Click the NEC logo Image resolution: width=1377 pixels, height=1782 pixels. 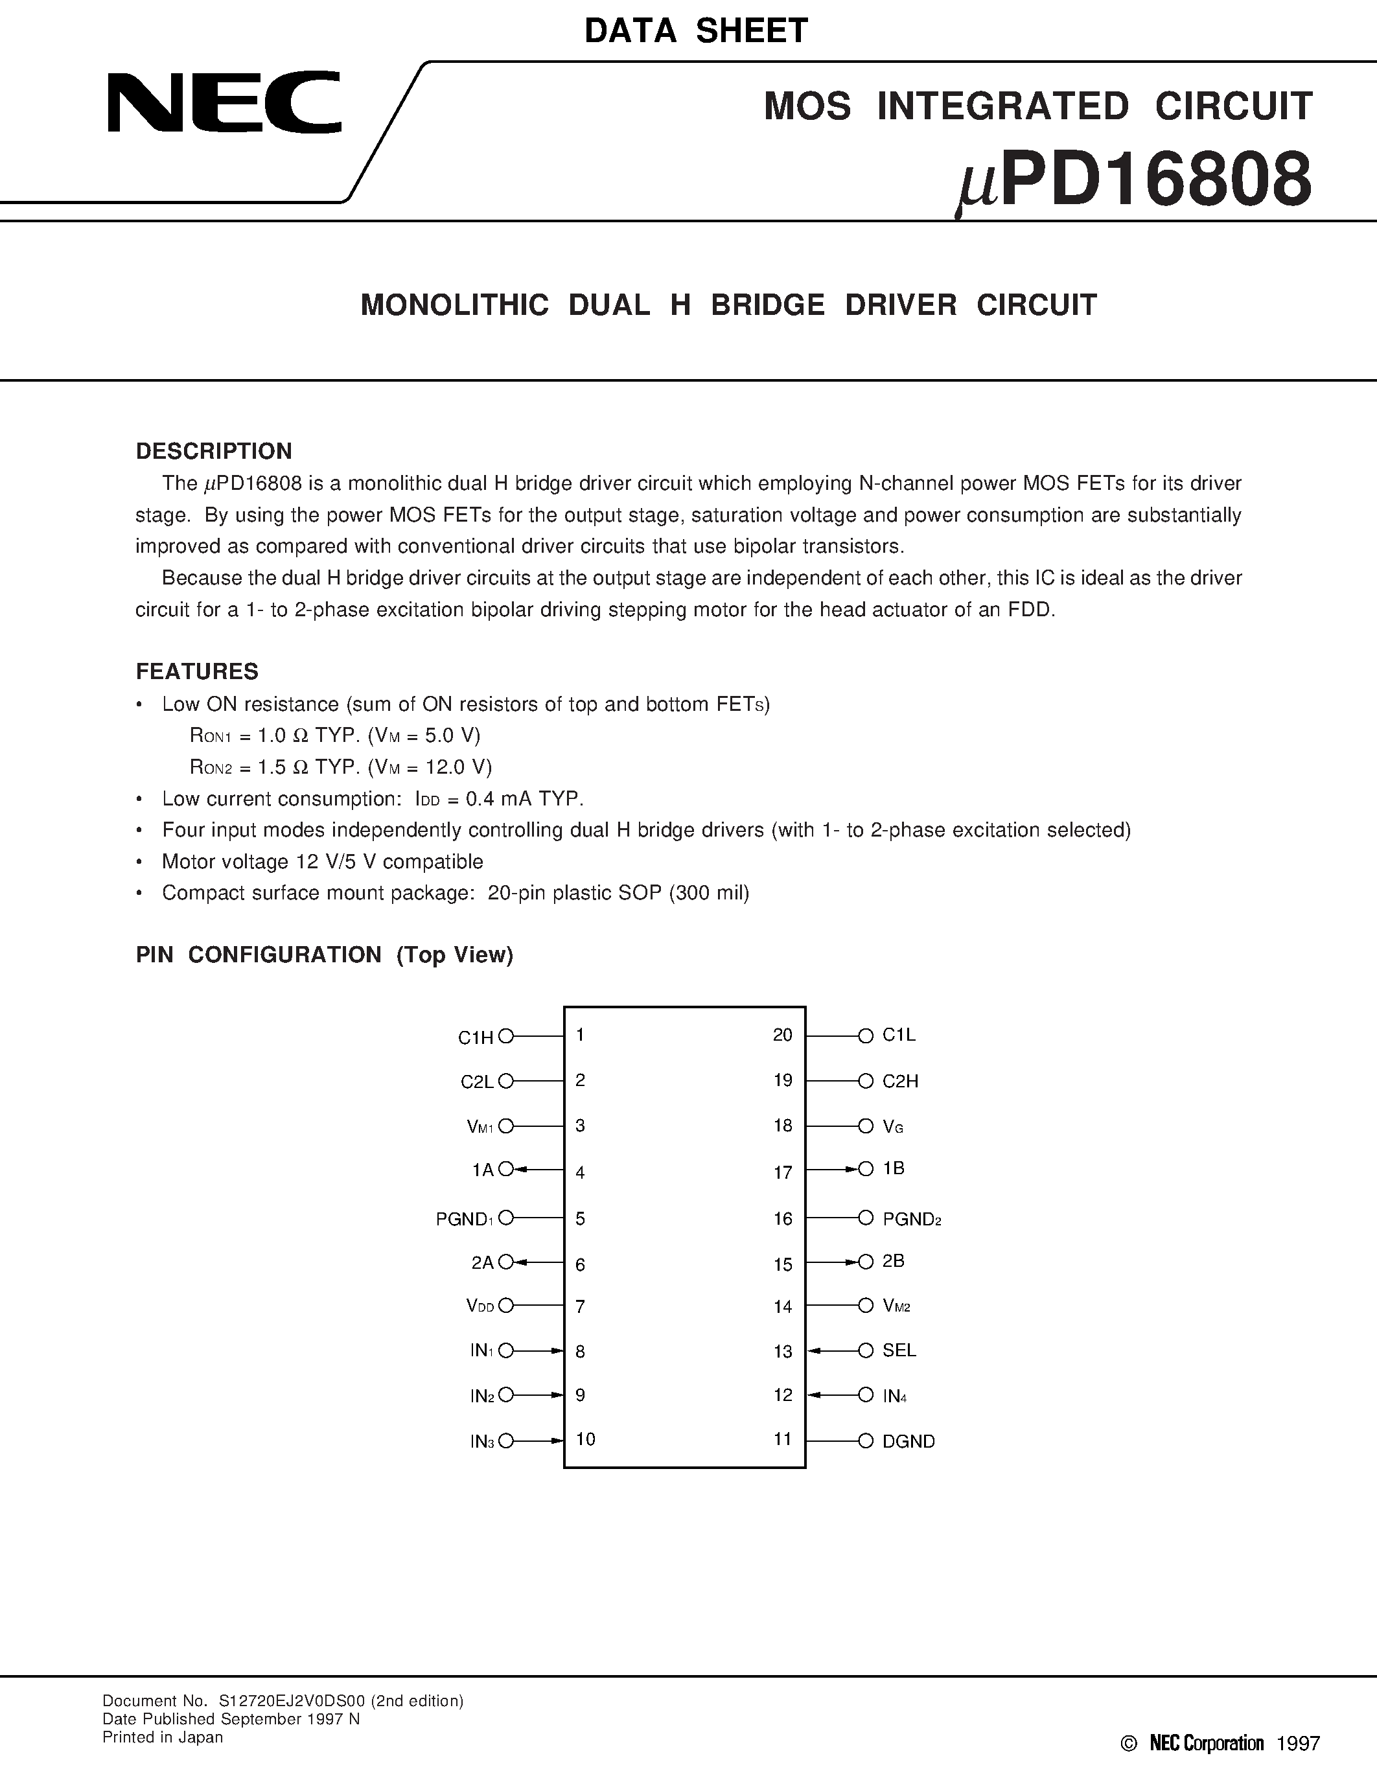point(224,102)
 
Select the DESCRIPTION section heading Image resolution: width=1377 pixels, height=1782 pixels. point(214,451)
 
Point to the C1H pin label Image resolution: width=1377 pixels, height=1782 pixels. point(476,1037)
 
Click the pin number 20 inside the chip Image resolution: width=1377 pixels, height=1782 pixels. point(782,1035)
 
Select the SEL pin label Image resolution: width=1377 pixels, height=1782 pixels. point(899,1350)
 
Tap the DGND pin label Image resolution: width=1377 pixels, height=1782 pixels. point(908,1442)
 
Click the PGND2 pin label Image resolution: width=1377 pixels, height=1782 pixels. point(911,1219)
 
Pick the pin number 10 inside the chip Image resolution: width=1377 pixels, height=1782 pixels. point(585,1439)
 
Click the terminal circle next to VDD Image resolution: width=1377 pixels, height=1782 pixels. point(506,1306)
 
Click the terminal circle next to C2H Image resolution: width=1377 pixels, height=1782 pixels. point(866,1081)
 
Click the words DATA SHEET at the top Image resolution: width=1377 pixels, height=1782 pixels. point(696,31)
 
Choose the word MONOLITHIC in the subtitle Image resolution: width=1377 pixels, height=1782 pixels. point(454,305)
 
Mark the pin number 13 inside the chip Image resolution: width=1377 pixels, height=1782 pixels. point(782,1352)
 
